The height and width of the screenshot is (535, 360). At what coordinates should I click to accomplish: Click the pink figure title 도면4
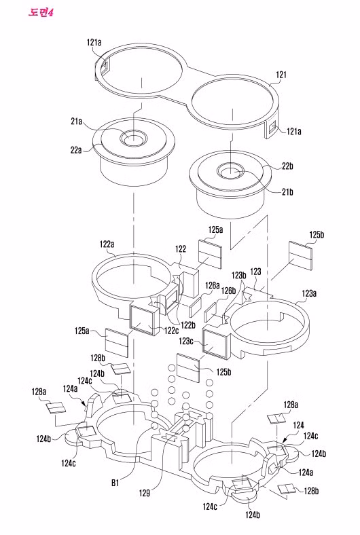[41, 13]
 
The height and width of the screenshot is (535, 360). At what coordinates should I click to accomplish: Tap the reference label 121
[281, 75]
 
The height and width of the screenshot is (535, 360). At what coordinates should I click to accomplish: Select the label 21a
[76, 121]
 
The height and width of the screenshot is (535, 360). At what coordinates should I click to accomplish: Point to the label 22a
[76, 149]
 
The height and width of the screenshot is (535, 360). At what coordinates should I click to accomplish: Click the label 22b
[287, 166]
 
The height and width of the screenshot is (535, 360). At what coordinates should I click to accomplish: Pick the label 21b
[287, 192]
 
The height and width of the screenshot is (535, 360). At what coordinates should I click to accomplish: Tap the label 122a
[107, 244]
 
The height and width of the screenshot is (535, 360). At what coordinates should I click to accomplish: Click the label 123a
[309, 293]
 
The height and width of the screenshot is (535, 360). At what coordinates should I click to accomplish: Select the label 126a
[212, 285]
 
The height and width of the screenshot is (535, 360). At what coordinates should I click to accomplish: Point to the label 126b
[228, 291]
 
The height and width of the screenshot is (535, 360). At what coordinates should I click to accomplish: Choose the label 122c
[171, 331]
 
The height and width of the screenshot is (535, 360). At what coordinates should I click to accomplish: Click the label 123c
[186, 341]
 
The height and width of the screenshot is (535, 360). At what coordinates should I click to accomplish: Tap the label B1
[115, 483]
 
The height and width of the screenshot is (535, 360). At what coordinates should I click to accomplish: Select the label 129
[145, 493]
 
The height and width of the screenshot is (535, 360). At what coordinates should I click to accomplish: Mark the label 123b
[239, 275]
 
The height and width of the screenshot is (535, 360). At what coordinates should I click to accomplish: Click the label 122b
[187, 325]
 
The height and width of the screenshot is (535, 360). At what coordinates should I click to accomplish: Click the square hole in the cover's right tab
[272, 129]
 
